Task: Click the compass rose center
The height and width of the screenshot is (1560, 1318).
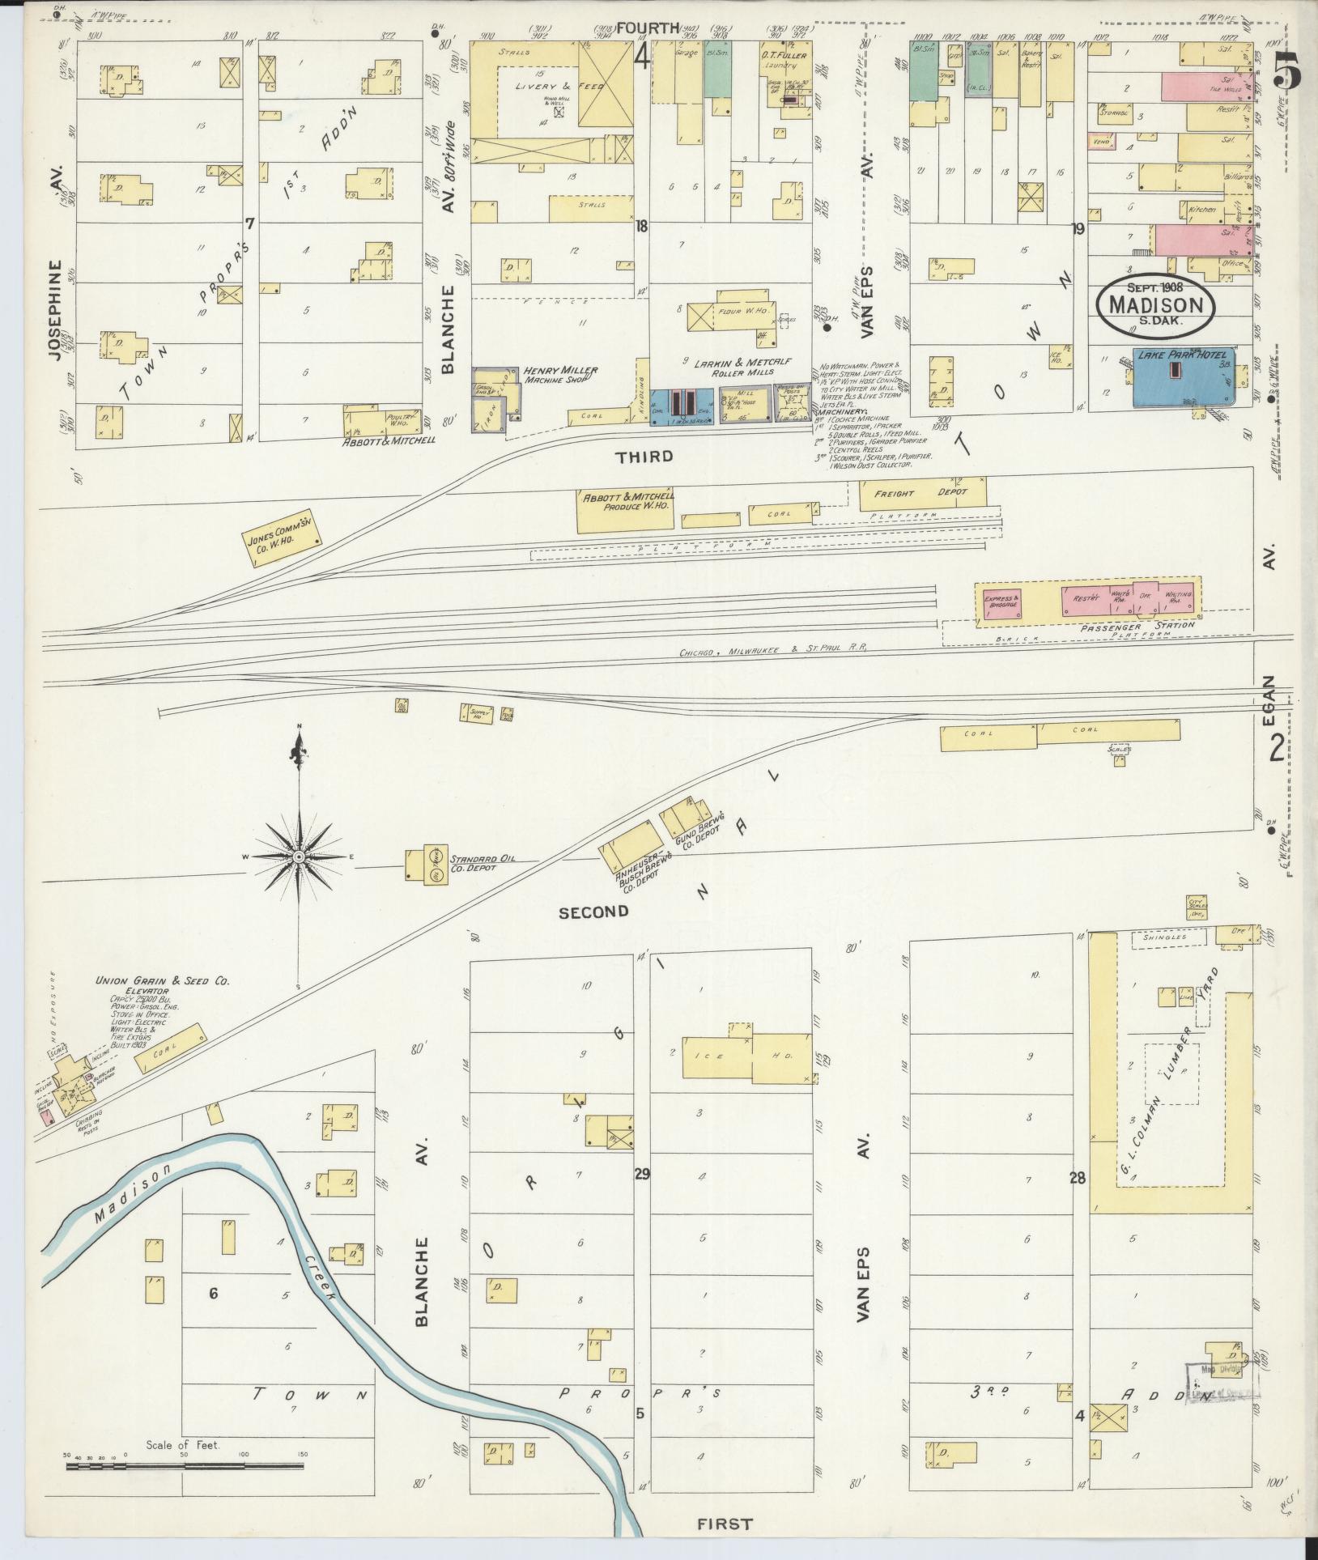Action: coord(299,857)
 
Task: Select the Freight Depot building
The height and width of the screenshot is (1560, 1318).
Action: coord(923,493)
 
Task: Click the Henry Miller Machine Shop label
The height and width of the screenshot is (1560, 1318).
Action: coord(560,374)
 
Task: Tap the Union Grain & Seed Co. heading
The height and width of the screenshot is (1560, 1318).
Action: coord(162,980)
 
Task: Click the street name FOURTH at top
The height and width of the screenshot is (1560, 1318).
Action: coord(646,29)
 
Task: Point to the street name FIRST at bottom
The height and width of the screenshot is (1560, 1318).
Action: coord(725,1524)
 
